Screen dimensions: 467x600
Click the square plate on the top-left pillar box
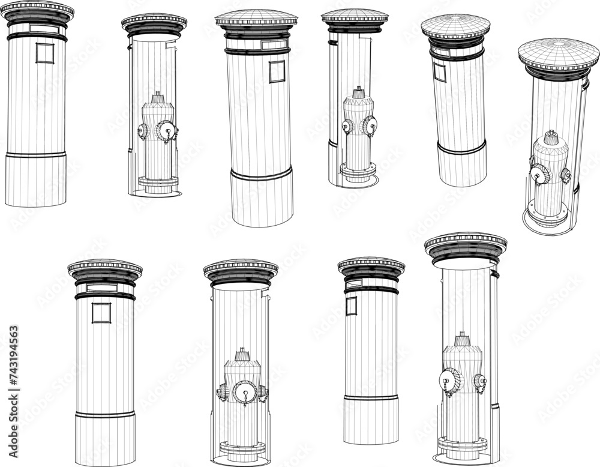pos(44,53)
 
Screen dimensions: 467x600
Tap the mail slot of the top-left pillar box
pos(44,28)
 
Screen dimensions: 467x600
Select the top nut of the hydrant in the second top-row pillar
pos(158,97)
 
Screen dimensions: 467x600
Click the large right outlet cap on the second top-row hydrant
pos(166,130)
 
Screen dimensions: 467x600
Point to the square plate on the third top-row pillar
pos(277,71)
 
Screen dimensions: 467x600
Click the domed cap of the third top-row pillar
pos(256,17)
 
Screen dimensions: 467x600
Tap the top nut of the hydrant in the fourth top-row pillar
pos(358,92)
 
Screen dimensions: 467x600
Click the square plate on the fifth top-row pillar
pos(440,71)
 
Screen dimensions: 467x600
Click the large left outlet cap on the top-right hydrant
pos(539,174)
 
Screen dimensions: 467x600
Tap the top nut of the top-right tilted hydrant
pos(550,136)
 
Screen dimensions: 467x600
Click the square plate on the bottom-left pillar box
pos(101,313)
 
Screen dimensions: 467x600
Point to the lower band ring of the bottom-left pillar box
pos(105,414)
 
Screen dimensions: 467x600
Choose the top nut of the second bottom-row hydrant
pos(242,354)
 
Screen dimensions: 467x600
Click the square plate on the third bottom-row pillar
pos(351,306)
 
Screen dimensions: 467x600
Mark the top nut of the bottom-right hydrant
pos(462,339)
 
